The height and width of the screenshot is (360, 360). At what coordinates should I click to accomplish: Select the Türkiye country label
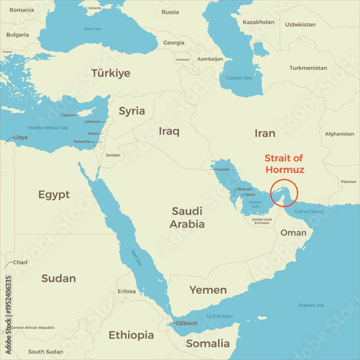(x=111, y=73)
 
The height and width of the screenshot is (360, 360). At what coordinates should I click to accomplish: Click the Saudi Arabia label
(x=187, y=217)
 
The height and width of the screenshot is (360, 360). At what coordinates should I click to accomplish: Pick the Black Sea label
(x=92, y=29)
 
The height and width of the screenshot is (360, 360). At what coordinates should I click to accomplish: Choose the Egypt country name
(x=54, y=194)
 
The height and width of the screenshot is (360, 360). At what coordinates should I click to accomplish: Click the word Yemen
(x=208, y=289)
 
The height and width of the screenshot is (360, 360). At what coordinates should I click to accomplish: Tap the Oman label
(x=293, y=233)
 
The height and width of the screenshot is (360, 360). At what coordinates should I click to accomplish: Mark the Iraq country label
(x=168, y=131)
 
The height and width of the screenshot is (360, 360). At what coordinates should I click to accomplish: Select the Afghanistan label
(x=339, y=134)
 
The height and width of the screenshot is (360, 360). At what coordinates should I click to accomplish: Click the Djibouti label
(x=188, y=323)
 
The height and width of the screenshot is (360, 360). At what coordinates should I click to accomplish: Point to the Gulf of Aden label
(x=220, y=316)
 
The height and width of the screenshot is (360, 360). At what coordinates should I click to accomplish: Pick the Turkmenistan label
(x=308, y=68)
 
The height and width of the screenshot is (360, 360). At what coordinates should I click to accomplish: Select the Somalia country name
(x=208, y=343)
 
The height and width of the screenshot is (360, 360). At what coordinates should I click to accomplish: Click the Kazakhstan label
(x=258, y=22)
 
